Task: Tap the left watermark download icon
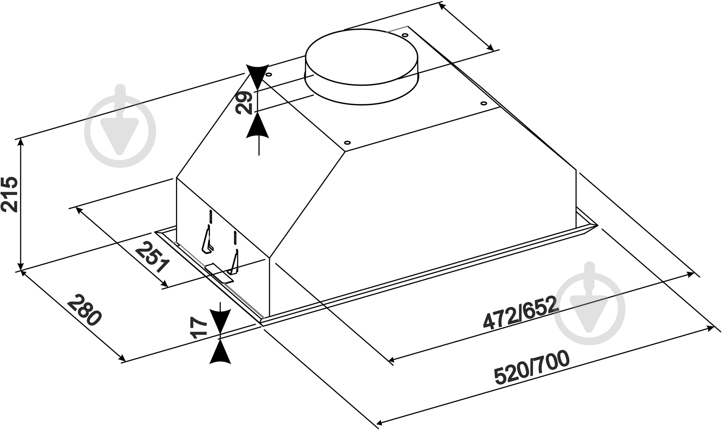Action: point(120,126)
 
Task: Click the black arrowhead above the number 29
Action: point(258,76)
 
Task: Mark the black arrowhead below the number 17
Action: point(221,351)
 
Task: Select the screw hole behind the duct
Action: point(404,35)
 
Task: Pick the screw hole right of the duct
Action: point(483,103)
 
